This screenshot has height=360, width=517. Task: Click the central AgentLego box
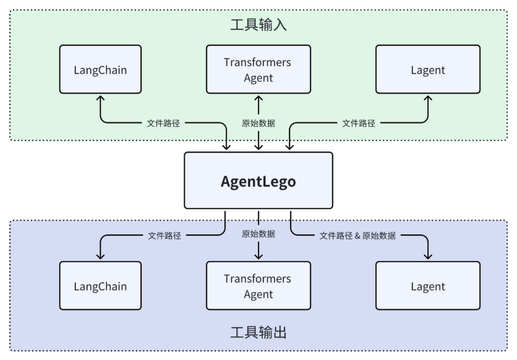258,181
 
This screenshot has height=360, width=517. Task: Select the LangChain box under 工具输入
100,69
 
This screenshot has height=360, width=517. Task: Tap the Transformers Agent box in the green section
258,69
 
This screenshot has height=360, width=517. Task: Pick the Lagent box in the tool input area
428,69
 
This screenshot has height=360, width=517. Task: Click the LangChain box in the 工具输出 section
100,286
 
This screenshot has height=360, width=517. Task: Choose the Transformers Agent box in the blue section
258,286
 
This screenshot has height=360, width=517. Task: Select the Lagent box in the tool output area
428,286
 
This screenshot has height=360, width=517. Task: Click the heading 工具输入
258,25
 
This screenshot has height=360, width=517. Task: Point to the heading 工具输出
258,333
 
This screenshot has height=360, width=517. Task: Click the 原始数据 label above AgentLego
258,122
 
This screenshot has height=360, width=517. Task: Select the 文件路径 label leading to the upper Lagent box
359,122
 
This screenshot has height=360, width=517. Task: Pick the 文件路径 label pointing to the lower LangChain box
164,235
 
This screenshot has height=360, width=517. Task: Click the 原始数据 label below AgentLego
258,234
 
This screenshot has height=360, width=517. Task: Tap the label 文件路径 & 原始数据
357,235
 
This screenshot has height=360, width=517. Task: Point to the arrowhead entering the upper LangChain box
100,98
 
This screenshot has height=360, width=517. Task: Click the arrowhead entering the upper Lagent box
428,98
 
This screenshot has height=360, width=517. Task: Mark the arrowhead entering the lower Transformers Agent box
258,257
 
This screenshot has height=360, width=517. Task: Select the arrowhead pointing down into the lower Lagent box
428,257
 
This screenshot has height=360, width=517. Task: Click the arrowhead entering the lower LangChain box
100,257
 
